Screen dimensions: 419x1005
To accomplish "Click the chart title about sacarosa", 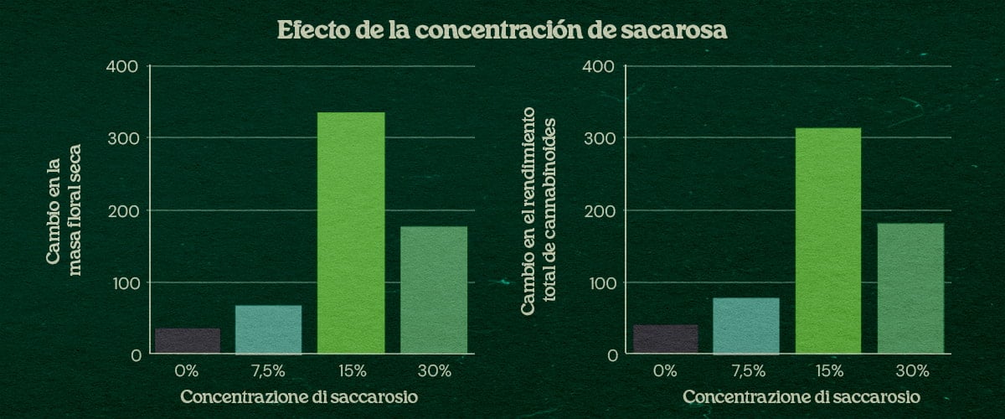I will pos(502,31).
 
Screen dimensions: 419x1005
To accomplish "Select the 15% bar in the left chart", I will pos(351,233).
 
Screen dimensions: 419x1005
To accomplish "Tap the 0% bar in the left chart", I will pos(188,341).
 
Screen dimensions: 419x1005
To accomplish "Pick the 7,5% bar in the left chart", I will pos(268,329).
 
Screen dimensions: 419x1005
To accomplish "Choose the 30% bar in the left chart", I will pos(433,290).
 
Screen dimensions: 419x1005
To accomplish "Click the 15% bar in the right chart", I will pos(828,241).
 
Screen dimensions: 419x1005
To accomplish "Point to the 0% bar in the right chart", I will pos(666,339).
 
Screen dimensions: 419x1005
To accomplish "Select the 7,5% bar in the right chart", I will pos(746,326).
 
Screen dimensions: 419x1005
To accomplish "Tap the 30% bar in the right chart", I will pos(910,288).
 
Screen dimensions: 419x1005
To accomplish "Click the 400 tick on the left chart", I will pos(125,66).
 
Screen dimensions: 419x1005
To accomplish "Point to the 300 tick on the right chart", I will pos(603,138).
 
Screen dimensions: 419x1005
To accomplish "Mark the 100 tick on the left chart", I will pos(126,283).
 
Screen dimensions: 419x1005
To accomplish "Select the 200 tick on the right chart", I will pos(603,210).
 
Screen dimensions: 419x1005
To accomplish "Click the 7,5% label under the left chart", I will pos(268,370).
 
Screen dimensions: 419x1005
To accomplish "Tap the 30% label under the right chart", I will pos(910,370).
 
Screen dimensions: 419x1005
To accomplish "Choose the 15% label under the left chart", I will pos(351,370).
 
